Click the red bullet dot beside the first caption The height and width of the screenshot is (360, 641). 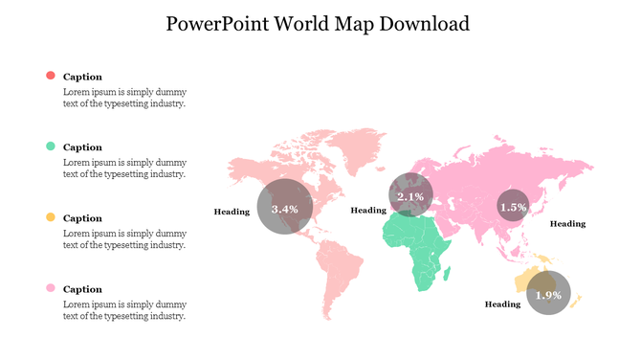coord(51,76)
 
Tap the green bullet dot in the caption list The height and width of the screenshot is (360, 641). coord(51,146)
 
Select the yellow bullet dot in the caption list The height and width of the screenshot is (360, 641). coord(51,218)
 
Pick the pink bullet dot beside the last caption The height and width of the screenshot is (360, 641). coord(51,288)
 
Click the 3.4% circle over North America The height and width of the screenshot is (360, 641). coord(285,207)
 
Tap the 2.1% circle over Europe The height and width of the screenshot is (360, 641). coord(410,196)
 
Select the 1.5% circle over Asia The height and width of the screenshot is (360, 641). coord(513,206)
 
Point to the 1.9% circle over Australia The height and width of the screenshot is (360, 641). coord(548,295)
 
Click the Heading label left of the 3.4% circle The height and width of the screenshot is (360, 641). coord(232,211)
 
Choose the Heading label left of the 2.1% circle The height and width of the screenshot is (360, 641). coord(368,210)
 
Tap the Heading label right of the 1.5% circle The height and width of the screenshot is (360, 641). coord(567,223)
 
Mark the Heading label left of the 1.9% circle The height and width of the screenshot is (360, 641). coord(502,304)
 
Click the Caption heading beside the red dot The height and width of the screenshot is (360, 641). coord(82,77)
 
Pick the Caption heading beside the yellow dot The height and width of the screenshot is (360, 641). coord(82,218)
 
